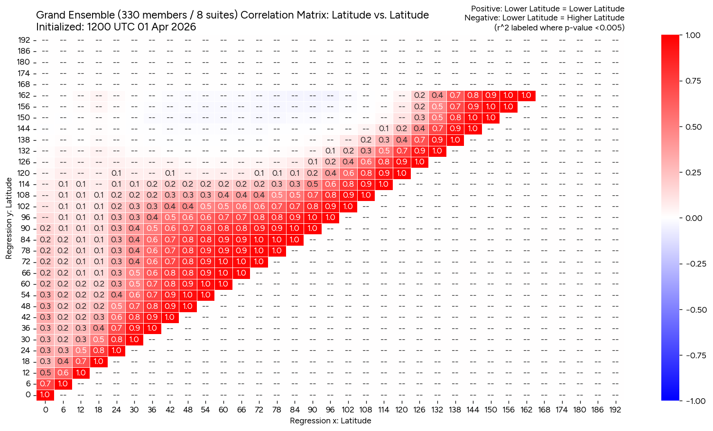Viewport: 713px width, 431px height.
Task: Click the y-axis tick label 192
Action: (x=24, y=40)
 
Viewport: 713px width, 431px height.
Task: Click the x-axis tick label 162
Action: (x=527, y=410)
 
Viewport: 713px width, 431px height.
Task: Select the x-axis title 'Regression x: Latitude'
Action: (x=330, y=421)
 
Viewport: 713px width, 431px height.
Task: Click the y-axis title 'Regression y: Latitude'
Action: (x=9, y=218)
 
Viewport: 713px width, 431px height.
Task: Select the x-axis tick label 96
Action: (x=330, y=410)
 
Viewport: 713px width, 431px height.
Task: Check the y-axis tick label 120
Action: (x=24, y=173)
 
